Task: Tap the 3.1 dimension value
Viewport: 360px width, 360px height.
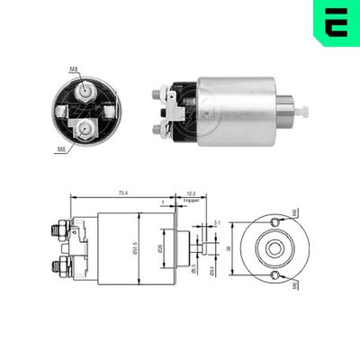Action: point(218,222)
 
